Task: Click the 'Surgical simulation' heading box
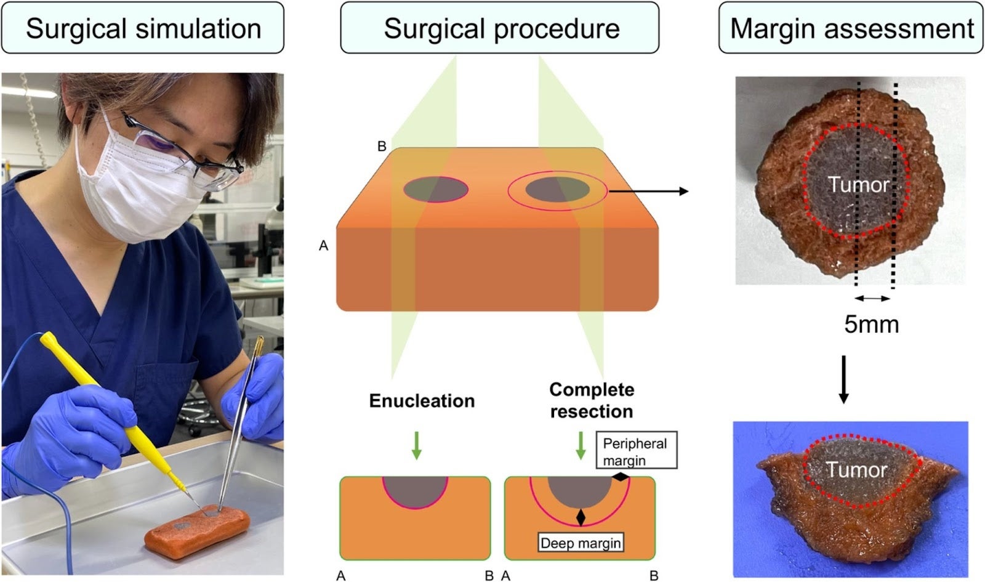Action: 142,28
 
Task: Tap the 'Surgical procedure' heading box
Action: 500,28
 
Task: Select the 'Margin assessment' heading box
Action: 851,28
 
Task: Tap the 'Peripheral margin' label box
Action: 635,451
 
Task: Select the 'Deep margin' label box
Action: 581,543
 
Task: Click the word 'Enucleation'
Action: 422,401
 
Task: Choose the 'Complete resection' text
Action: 591,400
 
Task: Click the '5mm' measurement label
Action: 871,324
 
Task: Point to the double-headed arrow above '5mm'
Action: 872,299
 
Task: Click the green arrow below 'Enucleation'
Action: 417,445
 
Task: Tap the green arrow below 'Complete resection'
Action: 580,445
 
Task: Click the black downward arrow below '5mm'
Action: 843,379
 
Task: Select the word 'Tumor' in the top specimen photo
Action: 858,184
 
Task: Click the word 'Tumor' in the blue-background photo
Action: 856,471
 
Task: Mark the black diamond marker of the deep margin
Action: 580,517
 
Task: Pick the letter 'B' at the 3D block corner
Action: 382,147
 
